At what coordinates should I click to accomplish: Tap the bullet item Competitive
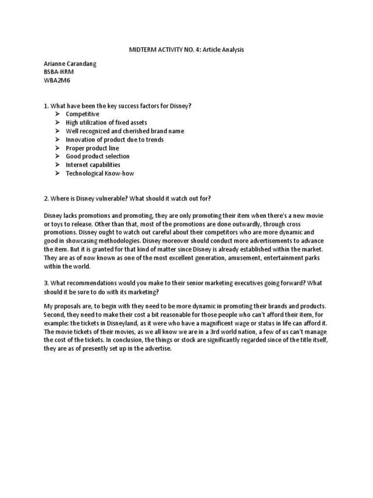point(83,114)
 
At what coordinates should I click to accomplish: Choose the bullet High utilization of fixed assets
point(106,123)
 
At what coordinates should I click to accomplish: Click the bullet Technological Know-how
point(100,173)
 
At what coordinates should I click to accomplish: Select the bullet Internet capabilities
point(93,165)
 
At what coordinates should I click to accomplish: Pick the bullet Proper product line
point(92,148)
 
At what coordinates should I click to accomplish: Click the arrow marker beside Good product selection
point(57,156)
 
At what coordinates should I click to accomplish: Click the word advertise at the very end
point(157,349)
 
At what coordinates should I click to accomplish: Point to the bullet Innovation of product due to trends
point(115,140)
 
